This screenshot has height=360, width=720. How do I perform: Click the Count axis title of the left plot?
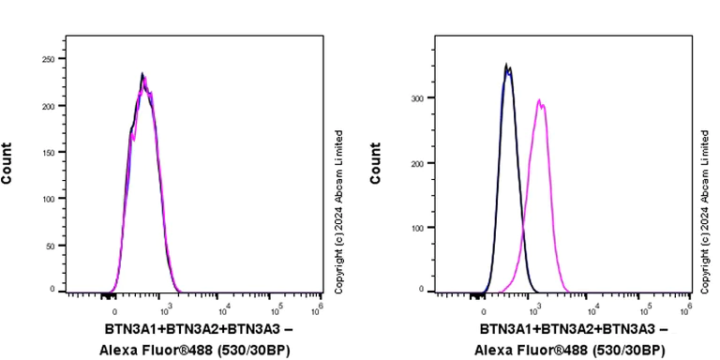(x=7, y=163)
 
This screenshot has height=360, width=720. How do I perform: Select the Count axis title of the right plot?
(x=377, y=163)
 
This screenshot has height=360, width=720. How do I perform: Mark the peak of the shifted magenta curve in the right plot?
(x=539, y=100)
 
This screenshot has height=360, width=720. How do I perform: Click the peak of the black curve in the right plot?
(x=506, y=65)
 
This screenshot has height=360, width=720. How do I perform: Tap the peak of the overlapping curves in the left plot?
(x=142, y=74)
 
